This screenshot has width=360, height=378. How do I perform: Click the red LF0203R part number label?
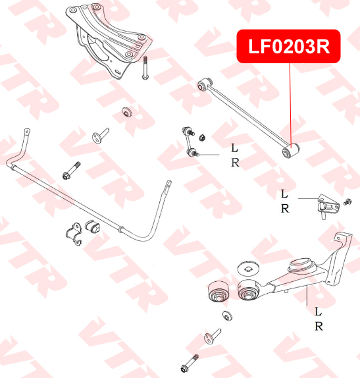coord(289,46)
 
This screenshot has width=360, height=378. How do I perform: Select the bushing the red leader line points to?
coord(291,151)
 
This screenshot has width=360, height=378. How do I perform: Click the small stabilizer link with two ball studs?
coord(190,142)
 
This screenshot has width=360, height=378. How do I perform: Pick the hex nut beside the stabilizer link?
coord(202,138)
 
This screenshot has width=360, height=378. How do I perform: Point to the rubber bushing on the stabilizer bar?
coord(92,227)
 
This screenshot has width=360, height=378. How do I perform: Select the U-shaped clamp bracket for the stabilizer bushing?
coord(74,234)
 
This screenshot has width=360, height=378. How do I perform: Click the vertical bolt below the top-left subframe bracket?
coord(145,68)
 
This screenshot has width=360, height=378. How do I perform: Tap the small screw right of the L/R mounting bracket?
coord(347,202)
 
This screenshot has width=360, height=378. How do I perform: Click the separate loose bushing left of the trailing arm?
coord(219,291)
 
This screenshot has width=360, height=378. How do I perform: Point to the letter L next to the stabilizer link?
coord(234,148)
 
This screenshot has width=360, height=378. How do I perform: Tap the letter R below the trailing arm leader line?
coord(319,327)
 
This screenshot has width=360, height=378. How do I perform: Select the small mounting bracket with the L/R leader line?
coord(328,206)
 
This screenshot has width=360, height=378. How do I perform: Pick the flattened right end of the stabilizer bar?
coord(168,187)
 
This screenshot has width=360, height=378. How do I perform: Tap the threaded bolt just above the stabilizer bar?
coord(71,171)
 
